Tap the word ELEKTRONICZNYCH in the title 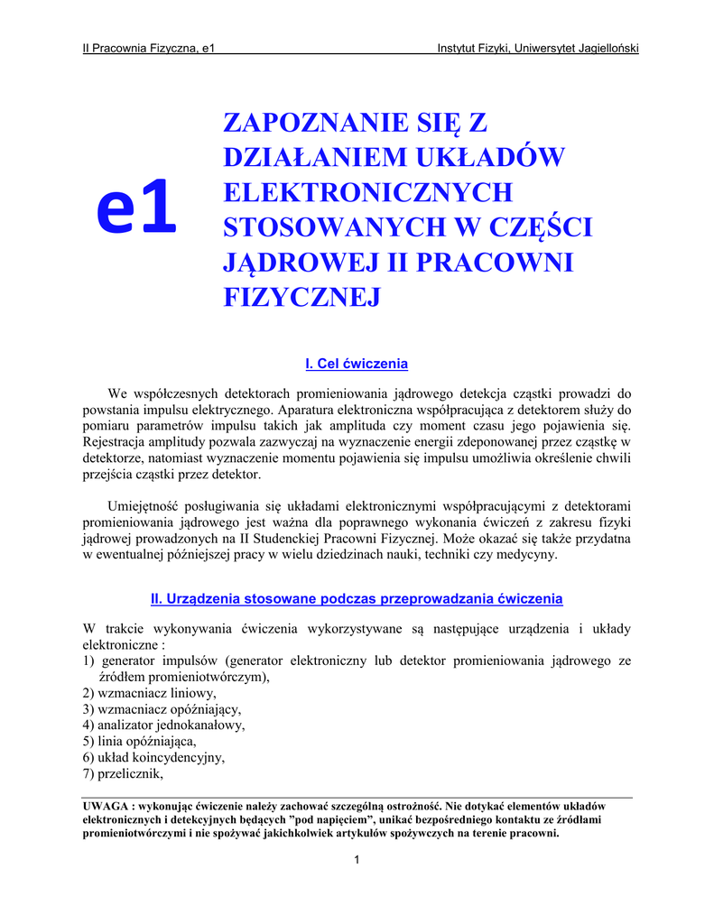[x=367, y=192]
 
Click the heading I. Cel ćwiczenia [x=357, y=364]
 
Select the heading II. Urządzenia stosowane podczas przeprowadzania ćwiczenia [x=357, y=598]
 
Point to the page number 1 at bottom [x=357, y=858]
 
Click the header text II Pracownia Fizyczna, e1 [x=148, y=48]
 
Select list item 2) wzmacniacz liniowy [x=150, y=693]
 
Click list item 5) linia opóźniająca [x=139, y=742]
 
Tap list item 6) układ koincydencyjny [x=153, y=758]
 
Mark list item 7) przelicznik [x=125, y=774]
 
